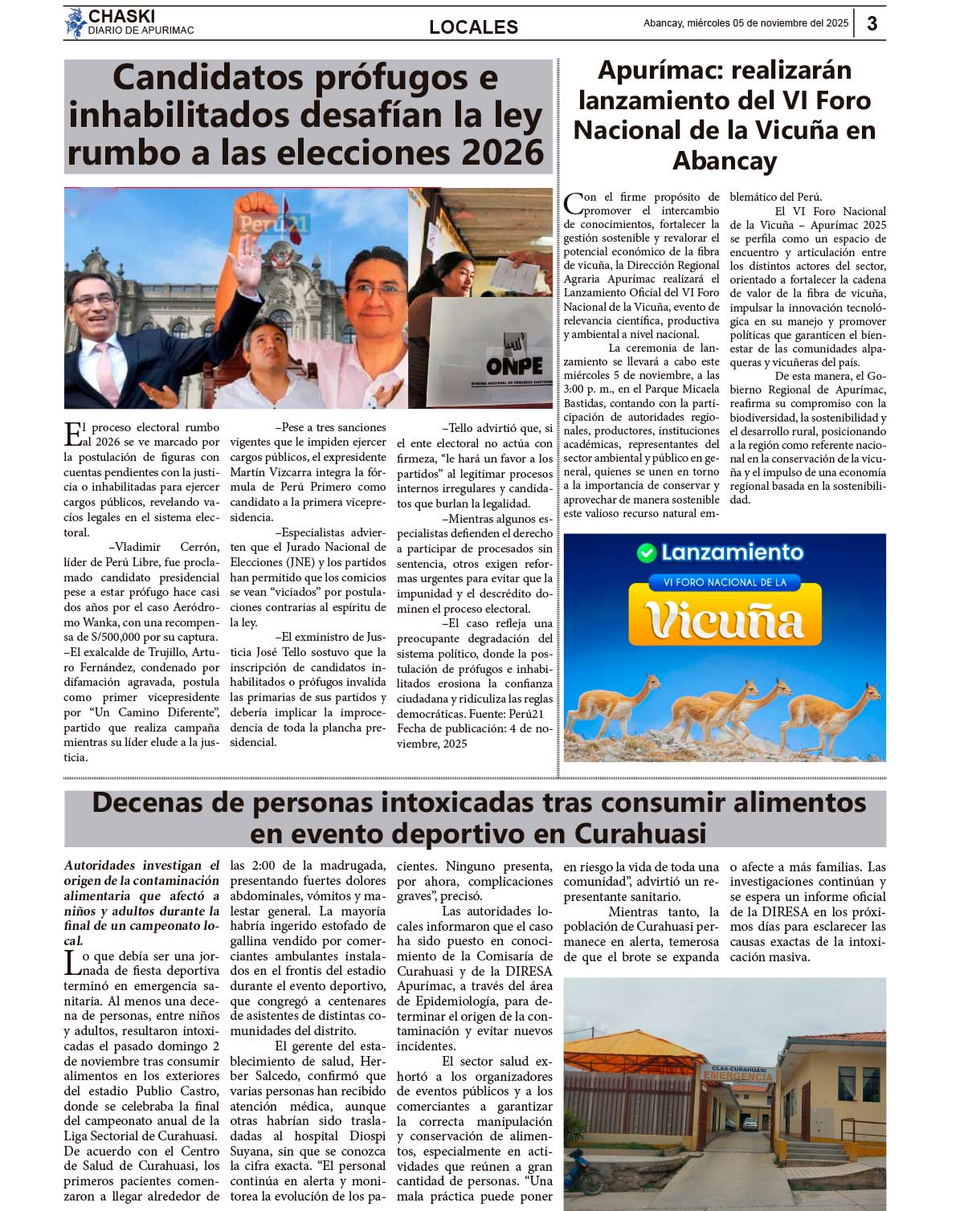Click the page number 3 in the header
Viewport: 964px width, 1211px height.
[x=872, y=23]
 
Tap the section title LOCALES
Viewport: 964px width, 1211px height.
[x=473, y=27]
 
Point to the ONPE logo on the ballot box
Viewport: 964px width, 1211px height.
[x=514, y=365]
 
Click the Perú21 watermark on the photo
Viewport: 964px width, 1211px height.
[x=274, y=224]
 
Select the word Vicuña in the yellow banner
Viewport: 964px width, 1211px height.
[x=725, y=621]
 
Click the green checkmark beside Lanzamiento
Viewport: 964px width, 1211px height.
[x=646, y=552]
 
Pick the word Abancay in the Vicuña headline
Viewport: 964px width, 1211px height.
[x=725, y=161]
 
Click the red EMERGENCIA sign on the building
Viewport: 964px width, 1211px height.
[x=737, y=1074]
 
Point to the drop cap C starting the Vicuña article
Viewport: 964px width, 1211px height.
[x=574, y=204]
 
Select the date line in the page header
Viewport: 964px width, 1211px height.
[x=745, y=23]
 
